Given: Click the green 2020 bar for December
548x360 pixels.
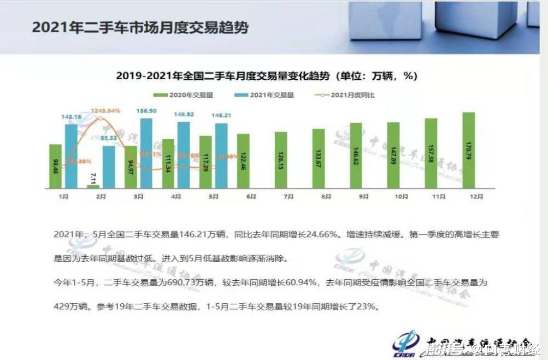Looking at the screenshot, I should pyautogui.click(x=468, y=150).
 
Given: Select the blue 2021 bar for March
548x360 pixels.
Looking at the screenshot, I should pyautogui.click(x=146, y=153).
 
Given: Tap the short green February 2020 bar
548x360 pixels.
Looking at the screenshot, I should pyautogui.click(x=93, y=186).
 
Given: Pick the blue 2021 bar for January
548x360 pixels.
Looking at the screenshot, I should pyautogui.click(x=71, y=156).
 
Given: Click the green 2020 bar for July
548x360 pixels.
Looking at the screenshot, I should pyautogui.click(x=280, y=160).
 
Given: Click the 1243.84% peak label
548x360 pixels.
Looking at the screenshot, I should pyautogui.click(x=105, y=111).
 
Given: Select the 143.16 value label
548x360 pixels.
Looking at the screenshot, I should pyautogui.click(x=71, y=117).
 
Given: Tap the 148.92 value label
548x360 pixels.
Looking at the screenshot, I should pyautogui.click(x=184, y=115).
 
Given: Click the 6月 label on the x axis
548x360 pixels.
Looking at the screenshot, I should pyautogui.click(x=251, y=197).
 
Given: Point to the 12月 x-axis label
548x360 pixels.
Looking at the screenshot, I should pyautogui.click(x=469, y=197).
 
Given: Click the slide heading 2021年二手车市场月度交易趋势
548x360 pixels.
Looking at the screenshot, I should pyautogui.click(x=140, y=27).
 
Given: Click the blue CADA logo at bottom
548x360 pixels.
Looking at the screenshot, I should pyautogui.click(x=405, y=343).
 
